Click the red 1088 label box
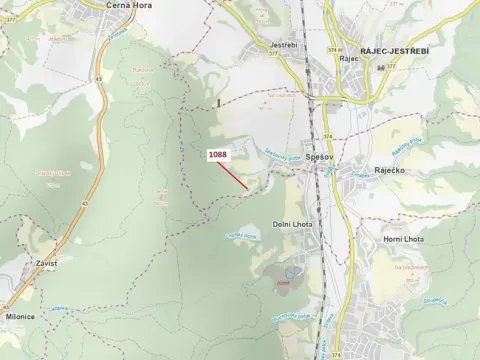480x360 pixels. [218, 155]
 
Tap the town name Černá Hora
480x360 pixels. [129, 5]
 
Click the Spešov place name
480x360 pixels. [320, 157]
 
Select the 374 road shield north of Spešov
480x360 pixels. [326, 137]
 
